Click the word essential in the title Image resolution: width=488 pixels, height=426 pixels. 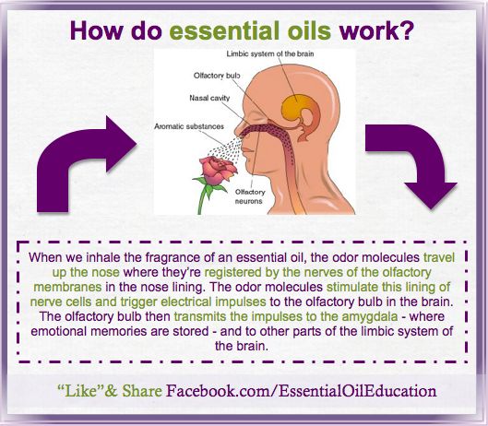pyautogui.click(x=223, y=30)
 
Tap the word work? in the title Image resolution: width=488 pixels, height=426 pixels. pyautogui.click(x=376, y=30)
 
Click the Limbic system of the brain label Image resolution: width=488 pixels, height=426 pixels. pyautogui.click(x=270, y=53)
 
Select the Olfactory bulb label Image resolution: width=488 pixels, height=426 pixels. pyautogui.click(x=217, y=76)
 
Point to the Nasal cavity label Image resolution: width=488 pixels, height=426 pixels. pyautogui.click(x=209, y=98)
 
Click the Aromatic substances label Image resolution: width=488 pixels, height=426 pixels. pyautogui.click(x=189, y=126)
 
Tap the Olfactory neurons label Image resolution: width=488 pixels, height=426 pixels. pyautogui.click(x=250, y=196)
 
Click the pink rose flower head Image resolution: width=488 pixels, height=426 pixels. pyautogui.click(x=218, y=170)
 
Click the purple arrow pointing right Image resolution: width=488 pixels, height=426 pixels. pyautogui.click(x=84, y=161)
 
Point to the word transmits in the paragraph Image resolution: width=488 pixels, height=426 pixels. pyautogui.click(x=200, y=316)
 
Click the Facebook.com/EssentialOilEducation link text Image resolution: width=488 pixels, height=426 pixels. pyautogui.click(x=301, y=391)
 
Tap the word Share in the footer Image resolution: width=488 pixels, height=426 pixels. pyautogui.click(x=142, y=391)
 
